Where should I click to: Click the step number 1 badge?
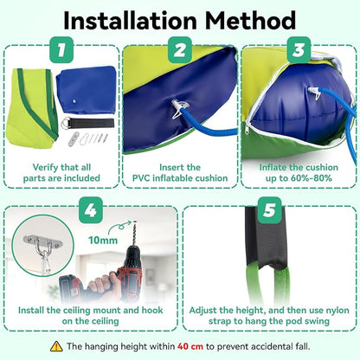(61, 50)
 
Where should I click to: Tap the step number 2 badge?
(180, 50)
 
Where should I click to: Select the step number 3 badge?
(299, 50)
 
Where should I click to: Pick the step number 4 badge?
(91, 210)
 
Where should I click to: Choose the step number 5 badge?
(269, 210)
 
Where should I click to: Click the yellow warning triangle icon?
(56, 346)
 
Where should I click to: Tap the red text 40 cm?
(190, 346)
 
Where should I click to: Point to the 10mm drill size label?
(103, 240)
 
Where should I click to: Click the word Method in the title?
(250, 21)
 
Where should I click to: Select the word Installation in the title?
(130, 21)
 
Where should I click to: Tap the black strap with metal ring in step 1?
(87, 124)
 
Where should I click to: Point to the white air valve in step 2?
(179, 108)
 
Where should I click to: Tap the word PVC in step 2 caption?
(141, 178)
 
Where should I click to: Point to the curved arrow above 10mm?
(119, 226)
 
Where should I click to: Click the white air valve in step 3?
(315, 93)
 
